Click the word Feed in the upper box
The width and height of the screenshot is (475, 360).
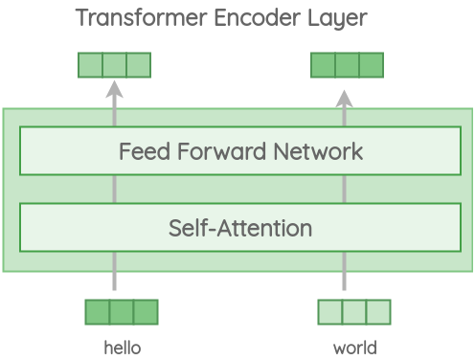(141, 151)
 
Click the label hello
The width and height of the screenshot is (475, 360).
(122, 348)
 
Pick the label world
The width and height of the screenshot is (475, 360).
(354, 348)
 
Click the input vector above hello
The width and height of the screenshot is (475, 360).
(122, 312)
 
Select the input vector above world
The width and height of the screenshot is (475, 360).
(354, 312)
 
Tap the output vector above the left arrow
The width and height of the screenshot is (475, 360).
(114, 65)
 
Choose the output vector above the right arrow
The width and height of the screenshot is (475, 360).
(347, 65)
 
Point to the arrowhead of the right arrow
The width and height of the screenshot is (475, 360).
(345, 97)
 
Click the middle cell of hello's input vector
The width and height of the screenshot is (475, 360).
(122, 312)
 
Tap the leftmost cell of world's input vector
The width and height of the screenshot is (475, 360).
(330, 312)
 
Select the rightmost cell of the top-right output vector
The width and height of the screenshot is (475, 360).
(371, 65)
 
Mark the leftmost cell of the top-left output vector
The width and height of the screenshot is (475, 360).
(90, 65)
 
